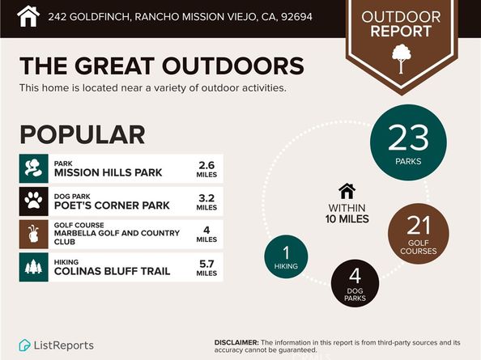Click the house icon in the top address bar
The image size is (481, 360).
[28, 15]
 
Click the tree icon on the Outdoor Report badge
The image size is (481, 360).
[401, 55]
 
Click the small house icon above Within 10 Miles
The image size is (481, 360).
[347, 191]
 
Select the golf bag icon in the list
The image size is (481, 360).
[33, 234]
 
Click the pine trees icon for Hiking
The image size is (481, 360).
[33, 267]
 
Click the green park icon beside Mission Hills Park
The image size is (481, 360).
[33, 168]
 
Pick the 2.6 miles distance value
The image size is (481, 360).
[206, 168]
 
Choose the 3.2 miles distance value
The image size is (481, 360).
[206, 201]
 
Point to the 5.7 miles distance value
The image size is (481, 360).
[206, 267]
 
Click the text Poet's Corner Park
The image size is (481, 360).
[112, 205]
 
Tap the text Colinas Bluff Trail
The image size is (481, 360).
[112, 271]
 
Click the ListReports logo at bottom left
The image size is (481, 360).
[56, 345]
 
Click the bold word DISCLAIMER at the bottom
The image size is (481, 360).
[237, 342]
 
